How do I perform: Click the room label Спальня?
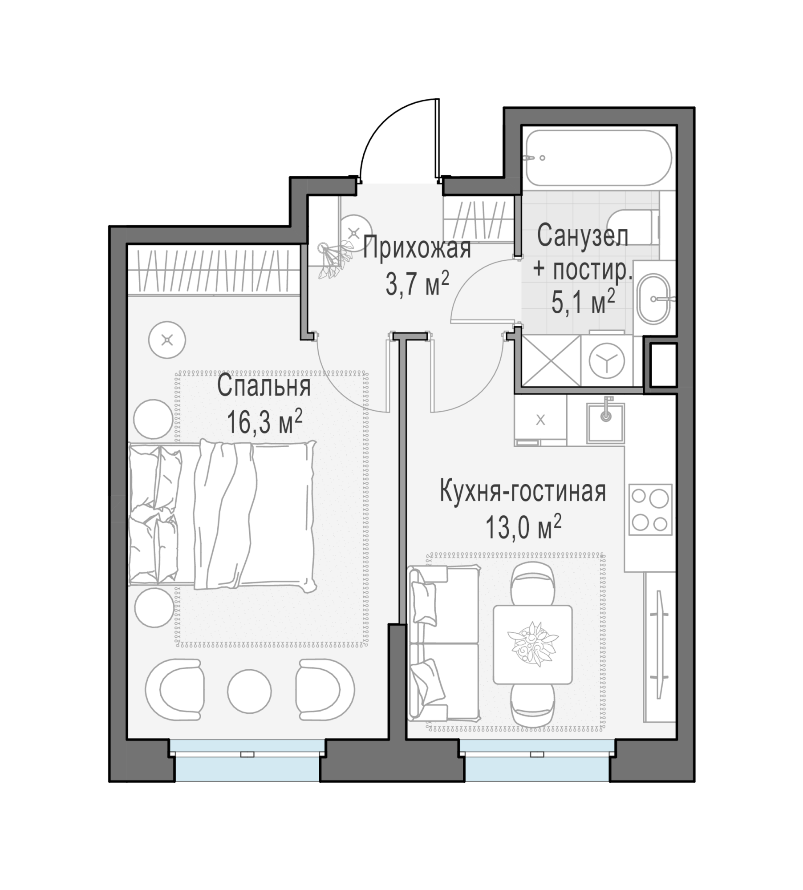(x=264, y=387)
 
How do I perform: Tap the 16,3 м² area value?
(x=265, y=421)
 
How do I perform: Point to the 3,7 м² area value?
(x=417, y=283)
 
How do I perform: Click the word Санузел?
(x=582, y=235)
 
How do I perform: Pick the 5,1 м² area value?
(x=583, y=302)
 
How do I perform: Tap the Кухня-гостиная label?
(x=523, y=492)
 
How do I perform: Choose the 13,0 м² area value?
(x=523, y=527)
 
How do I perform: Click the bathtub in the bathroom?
(x=599, y=158)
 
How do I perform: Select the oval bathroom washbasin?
(x=653, y=299)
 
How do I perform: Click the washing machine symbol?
(x=606, y=360)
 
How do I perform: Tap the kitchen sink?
(x=605, y=423)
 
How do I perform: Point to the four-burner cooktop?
(x=650, y=510)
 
